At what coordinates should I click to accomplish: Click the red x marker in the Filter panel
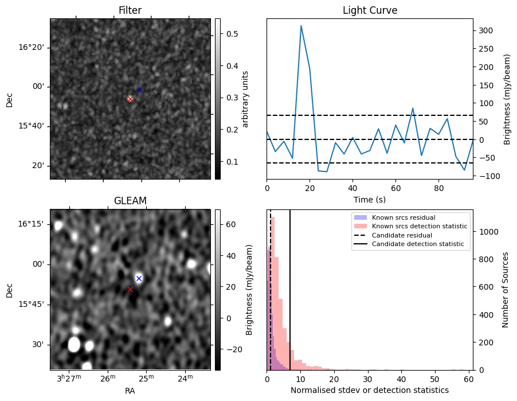[x=130, y=99]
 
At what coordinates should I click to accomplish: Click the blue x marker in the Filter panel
[x=139, y=90]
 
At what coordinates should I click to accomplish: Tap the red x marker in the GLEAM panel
[x=130, y=289]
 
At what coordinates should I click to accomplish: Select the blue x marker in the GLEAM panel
[x=139, y=278]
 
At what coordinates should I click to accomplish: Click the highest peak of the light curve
[x=301, y=26]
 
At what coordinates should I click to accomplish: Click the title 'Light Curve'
[x=370, y=10]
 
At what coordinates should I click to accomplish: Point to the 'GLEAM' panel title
[x=130, y=200]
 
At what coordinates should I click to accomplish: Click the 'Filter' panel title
[x=130, y=10]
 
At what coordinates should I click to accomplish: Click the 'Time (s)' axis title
[x=370, y=199]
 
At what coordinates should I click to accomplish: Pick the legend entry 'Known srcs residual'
[x=403, y=217]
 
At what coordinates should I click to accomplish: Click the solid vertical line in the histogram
[x=290, y=287]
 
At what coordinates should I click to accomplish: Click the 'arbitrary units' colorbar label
[x=245, y=99]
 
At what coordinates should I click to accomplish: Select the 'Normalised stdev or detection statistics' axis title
[x=370, y=390]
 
